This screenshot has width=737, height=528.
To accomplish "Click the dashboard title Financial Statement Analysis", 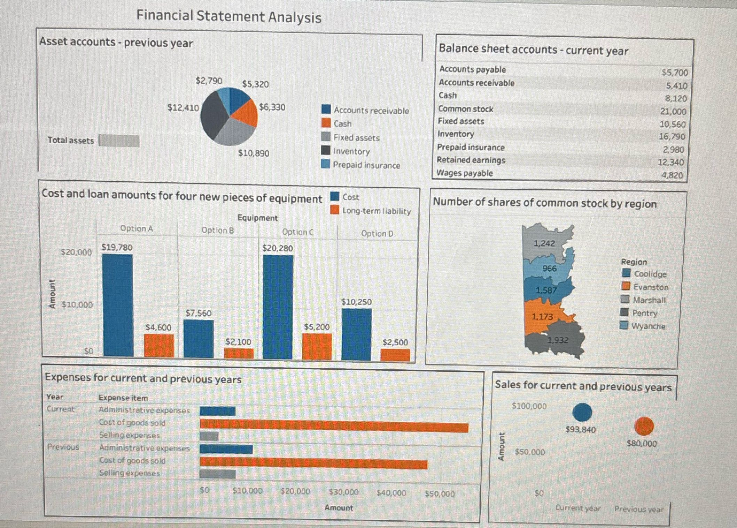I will click(229, 16).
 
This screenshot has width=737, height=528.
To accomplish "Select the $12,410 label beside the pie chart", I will click(183, 108).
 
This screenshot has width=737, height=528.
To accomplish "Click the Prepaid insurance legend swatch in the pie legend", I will click(326, 164).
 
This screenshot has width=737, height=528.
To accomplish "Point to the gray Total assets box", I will click(119, 141).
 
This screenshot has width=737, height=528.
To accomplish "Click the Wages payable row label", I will click(465, 173).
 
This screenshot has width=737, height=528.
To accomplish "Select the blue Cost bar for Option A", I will click(118, 305).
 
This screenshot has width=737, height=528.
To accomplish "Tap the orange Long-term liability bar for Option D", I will click(395, 355).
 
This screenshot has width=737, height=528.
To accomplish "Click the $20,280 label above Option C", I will click(277, 248).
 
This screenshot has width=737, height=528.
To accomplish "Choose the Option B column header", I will click(218, 231).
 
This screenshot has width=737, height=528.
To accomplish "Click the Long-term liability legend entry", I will click(376, 211).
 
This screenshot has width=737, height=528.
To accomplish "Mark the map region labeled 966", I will click(550, 269).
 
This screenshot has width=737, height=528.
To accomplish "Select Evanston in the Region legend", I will click(651, 287).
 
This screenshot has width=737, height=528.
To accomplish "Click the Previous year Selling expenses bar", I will click(218, 474).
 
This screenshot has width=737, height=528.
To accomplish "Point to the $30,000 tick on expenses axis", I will click(343, 492).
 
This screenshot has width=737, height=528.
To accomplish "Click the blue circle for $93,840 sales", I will click(582, 412).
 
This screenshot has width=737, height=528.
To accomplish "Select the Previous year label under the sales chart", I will click(639, 509).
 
